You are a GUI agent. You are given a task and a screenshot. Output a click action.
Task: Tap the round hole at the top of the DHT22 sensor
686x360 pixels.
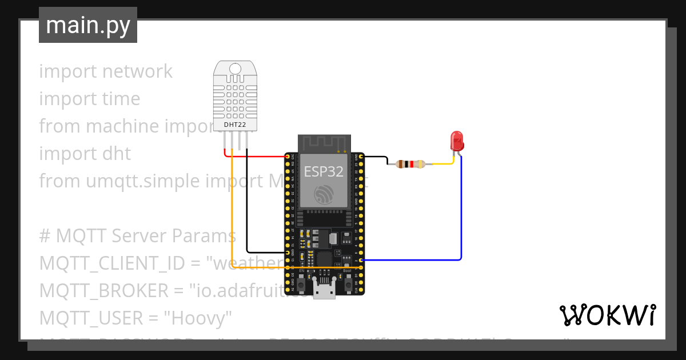click(234, 69)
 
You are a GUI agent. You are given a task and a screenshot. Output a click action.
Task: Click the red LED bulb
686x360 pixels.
click(457, 139)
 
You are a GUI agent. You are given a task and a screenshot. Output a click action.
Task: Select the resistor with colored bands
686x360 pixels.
click(410, 165)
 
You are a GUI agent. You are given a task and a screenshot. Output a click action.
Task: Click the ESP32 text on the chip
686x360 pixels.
click(324, 171)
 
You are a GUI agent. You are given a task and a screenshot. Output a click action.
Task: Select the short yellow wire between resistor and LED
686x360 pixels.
click(443, 164)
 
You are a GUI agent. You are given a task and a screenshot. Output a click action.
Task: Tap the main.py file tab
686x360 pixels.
click(88, 25)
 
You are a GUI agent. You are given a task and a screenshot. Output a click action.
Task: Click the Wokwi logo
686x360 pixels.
click(607, 315)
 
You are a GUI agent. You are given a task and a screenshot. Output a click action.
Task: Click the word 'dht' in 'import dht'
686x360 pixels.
click(117, 154)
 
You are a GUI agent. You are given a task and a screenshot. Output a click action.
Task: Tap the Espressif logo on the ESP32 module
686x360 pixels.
click(324, 195)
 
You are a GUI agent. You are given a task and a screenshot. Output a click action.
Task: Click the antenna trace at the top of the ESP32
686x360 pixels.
click(324, 143)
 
